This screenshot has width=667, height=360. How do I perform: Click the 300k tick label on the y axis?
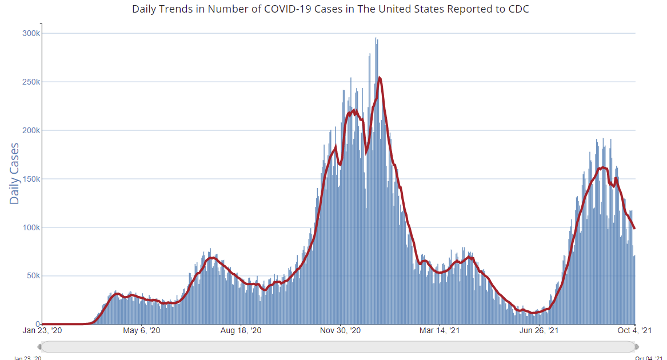tap(31, 33)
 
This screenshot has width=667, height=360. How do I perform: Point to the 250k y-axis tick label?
tap(31, 82)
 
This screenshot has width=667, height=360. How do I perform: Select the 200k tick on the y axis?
tap(31, 130)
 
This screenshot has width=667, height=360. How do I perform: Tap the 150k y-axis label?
tap(31, 179)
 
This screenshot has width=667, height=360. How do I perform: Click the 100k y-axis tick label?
tap(31, 227)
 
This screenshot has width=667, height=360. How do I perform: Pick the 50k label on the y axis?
tap(33, 276)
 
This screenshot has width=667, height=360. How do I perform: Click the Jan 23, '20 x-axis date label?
tap(43, 330)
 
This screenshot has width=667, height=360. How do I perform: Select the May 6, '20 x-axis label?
tap(142, 330)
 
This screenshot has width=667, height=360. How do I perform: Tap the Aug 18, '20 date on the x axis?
tap(241, 330)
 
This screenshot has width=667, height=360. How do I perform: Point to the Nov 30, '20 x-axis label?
tap(340, 330)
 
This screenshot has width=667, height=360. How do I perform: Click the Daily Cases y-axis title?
tap(14, 173)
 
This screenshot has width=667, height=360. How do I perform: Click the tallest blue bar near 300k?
tap(376, 38)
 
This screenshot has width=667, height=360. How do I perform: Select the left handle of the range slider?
tap(39, 347)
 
